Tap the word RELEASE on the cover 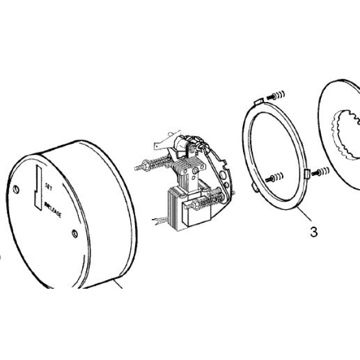pyautogui.click(x=55, y=211)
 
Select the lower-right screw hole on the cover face pyautogui.click(x=74, y=233)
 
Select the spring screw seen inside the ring pyautogui.click(x=275, y=177)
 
